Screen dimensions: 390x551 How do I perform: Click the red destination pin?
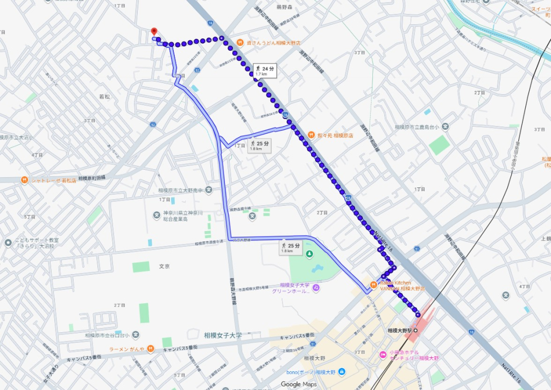(x=154, y=31)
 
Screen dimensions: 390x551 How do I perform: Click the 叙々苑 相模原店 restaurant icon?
(x=311, y=135)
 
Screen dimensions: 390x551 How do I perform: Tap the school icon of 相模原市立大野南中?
(x=208, y=190)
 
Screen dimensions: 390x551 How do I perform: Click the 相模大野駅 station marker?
(x=415, y=330)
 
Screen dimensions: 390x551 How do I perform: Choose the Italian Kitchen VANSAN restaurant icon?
(x=373, y=285)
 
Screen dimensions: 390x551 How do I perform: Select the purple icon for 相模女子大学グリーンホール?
(x=316, y=288)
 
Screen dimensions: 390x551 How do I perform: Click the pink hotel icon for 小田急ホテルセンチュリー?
(x=383, y=354)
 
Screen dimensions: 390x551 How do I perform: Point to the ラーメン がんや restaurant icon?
(x=152, y=349)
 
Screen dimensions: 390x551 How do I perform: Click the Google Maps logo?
(x=298, y=384)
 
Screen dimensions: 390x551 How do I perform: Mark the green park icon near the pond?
(x=309, y=254)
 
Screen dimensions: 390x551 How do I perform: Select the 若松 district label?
(x=104, y=96)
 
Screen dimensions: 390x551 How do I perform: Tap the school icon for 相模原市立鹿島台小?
(x=446, y=127)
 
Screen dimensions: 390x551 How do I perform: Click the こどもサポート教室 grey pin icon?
(x=8, y=243)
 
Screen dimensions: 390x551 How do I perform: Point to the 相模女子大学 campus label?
(x=223, y=335)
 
